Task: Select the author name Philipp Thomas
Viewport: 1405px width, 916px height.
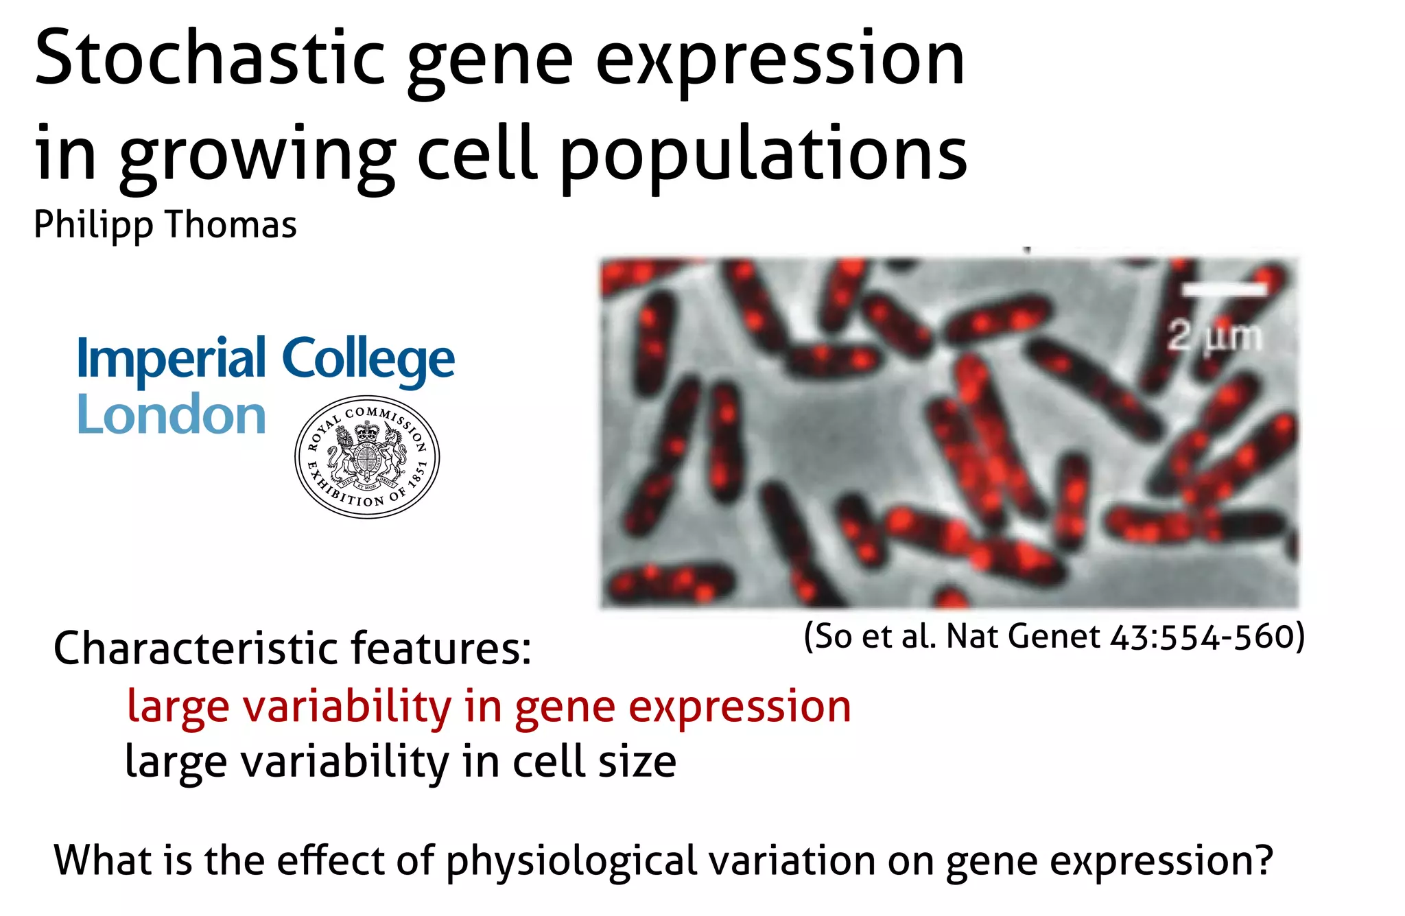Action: (165, 225)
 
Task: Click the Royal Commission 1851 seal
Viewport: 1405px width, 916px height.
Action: (367, 457)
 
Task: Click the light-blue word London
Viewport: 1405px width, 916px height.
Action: (172, 415)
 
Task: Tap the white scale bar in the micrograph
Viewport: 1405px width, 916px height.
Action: (1225, 291)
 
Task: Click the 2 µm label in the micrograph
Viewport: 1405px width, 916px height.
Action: (1215, 336)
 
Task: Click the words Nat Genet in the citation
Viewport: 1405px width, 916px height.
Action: (1023, 636)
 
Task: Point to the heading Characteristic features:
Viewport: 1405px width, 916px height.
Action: (292, 648)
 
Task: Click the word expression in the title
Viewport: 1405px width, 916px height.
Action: (780, 60)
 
